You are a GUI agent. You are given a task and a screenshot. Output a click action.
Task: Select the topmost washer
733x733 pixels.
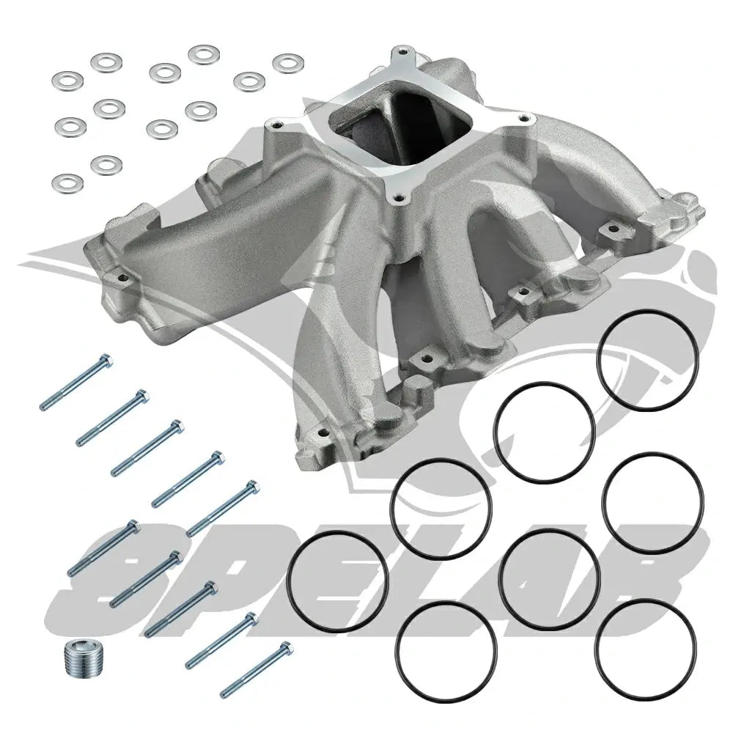205,55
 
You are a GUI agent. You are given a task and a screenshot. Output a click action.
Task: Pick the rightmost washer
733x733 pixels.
288,64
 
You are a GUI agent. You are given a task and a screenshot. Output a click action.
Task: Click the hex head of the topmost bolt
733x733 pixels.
106,361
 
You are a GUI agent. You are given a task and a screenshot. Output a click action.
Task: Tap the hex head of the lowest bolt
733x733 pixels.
286,649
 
